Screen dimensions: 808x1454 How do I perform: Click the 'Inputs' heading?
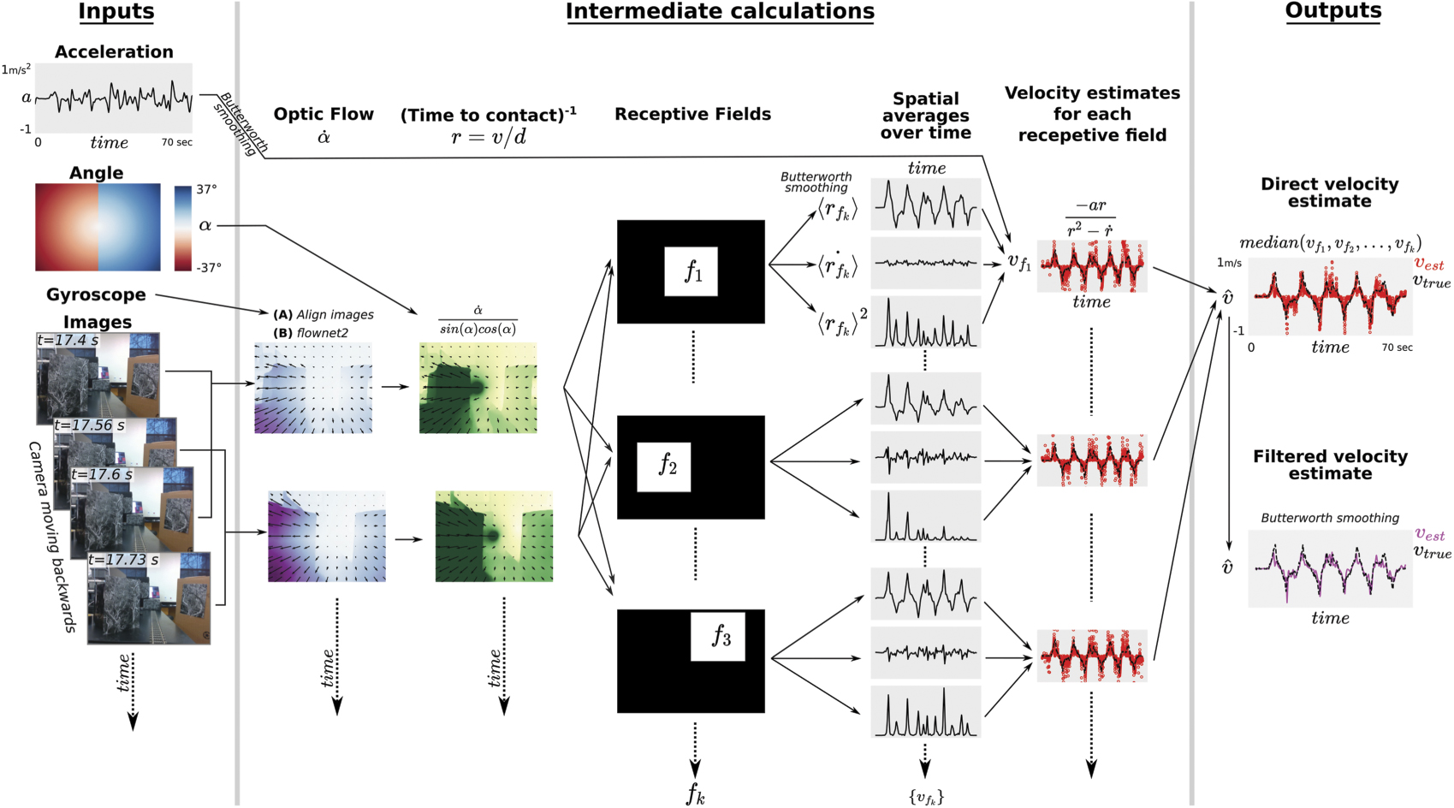pos(116,11)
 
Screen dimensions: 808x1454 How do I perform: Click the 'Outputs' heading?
pos(1332,11)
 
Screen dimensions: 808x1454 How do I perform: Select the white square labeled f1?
pos(691,272)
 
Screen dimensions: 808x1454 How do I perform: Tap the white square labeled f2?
pos(663,466)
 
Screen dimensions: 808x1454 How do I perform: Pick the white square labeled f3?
pos(717,637)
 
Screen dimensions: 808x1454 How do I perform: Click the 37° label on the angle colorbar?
pos(207,189)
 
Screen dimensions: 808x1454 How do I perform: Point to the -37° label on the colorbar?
pos(209,268)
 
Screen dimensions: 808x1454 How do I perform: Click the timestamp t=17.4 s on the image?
pos(68,341)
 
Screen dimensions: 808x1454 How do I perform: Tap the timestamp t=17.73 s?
pos(123,560)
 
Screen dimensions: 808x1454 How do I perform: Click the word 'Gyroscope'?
pos(96,294)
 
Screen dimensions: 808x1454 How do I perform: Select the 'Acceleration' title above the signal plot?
pos(114,51)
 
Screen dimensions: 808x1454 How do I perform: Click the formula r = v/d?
pos(488,137)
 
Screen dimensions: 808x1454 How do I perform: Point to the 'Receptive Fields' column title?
pos(692,114)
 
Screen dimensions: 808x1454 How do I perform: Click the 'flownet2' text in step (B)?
pos(322,333)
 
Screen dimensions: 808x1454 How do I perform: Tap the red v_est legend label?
pos(1428,264)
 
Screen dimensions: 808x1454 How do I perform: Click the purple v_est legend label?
pos(1428,535)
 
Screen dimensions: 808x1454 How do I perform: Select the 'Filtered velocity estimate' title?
pos(1330,465)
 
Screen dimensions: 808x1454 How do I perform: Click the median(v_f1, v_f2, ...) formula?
pos(1330,244)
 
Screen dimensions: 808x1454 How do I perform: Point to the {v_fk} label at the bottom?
pos(925,797)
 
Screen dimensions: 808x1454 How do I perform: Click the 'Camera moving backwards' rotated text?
pos(52,537)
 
